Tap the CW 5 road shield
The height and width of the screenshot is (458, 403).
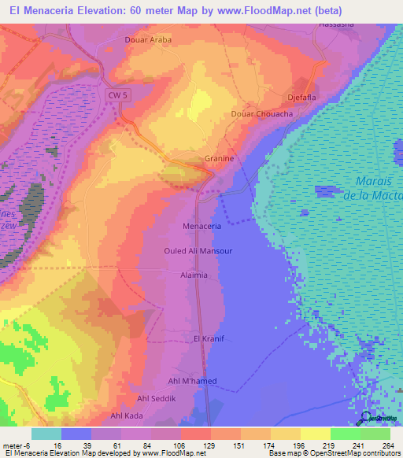tap(116, 94)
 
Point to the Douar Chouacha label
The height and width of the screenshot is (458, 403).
tap(262, 114)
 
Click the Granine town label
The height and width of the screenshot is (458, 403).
tap(220, 158)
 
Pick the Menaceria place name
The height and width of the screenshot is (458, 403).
tap(201, 226)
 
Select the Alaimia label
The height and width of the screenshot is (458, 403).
tap(194, 275)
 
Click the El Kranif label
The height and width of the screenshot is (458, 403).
tap(199, 339)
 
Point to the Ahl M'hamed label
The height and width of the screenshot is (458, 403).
tap(193, 381)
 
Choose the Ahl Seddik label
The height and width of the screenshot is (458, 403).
tap(156, 399)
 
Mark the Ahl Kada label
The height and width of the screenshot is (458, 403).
tap(127, 416)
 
